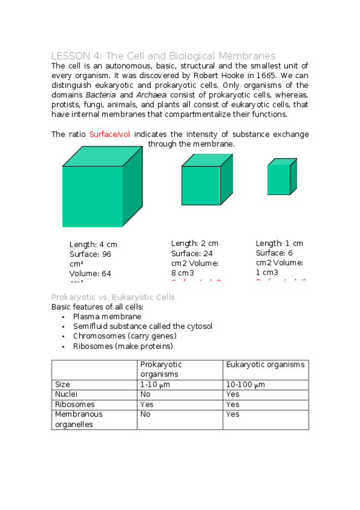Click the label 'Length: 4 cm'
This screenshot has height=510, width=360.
tap(93, 244)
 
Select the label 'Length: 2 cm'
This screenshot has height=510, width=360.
tap(194, 243)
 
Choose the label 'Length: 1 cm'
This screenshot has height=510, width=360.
tap(279, 243)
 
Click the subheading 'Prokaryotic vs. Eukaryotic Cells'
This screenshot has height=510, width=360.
tap(113, 297)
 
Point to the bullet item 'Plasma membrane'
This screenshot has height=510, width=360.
tap(107, 316)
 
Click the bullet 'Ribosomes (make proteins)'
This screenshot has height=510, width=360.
tap(123, 346)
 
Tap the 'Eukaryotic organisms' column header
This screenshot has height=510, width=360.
tap(265, 364)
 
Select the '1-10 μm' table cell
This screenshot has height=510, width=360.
tap(154, 384)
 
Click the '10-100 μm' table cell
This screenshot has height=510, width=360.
tap(245, 384)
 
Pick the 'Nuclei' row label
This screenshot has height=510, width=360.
tap(66, 395)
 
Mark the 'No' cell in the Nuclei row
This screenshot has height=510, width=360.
tap(145, 395)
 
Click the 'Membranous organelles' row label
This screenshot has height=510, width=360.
tap(79, 419)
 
